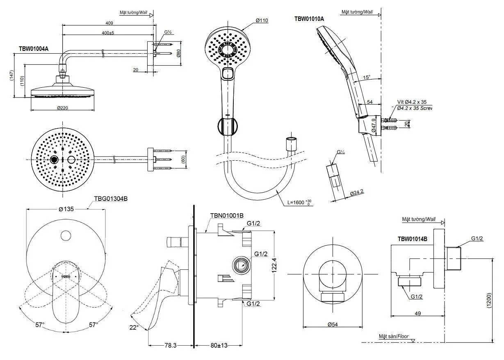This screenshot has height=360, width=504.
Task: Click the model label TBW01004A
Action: point(34,49)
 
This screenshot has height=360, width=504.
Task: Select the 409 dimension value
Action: point(109,23)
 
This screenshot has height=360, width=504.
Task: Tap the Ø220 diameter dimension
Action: point(63,108)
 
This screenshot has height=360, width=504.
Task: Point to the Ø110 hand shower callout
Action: point(262,21)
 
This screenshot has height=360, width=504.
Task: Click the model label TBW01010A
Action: point(309,19)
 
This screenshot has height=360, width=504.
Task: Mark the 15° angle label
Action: point(367,77)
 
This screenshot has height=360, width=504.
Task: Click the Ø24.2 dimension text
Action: point(357,192)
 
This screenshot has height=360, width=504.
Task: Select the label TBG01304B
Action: point(111,199)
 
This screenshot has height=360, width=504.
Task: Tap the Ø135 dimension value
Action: point(66,209)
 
